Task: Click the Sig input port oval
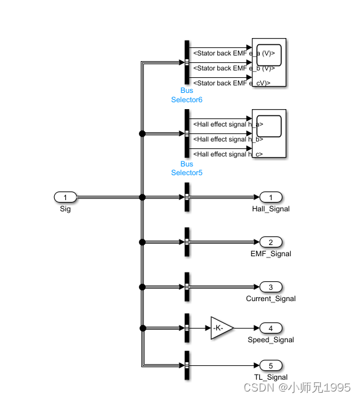65,198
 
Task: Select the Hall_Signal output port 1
271,198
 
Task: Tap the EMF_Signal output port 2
271,243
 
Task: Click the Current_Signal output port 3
271,287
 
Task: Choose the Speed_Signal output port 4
271,328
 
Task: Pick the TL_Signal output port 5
271,366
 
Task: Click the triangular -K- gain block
221,328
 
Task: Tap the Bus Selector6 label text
187,95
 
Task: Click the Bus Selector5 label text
187,168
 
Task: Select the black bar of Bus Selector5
187,133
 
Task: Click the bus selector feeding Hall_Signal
187,198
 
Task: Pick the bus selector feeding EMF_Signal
187,243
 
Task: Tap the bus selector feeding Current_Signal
187,287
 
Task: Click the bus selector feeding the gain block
187,328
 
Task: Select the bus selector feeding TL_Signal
187,366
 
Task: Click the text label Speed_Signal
271,340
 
